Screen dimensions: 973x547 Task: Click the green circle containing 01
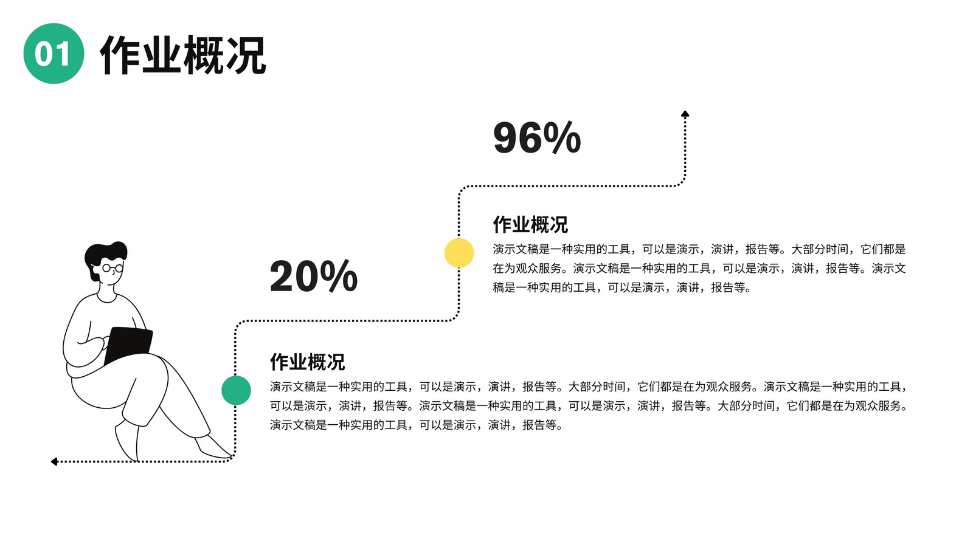54,53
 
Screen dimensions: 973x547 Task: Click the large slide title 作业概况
183,55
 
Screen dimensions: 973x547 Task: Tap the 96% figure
537,137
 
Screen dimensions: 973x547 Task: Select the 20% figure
314,276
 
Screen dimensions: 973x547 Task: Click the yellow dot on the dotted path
459,253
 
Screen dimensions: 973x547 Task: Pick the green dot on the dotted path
236,390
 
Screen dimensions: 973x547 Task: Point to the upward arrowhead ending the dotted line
685,114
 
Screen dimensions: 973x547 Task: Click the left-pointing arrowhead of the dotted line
54,461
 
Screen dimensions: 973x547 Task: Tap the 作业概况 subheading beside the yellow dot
530,224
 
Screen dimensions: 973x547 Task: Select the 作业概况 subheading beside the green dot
308,362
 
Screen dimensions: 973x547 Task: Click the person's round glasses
113,268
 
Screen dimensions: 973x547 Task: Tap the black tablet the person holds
128,345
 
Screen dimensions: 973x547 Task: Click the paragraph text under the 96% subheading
699,268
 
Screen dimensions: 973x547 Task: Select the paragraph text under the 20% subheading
589,406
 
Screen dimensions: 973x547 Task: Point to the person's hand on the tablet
103,343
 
